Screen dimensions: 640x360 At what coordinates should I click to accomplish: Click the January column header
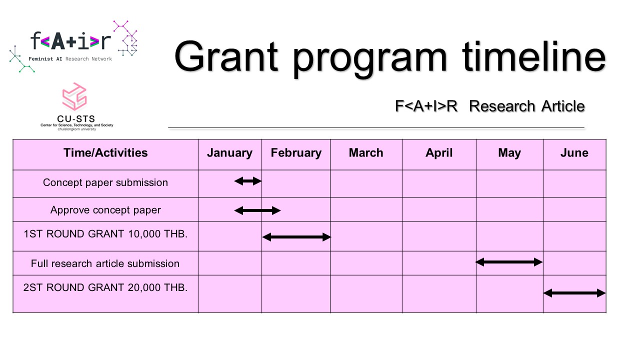[x=229, y=153]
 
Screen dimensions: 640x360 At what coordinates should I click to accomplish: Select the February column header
[x=296, y=153]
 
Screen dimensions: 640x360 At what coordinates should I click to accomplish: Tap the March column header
[x=366, y=153]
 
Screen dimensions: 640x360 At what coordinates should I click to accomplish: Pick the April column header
[x=439, y=153]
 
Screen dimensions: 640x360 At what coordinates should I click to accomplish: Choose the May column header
[x=509, y=153]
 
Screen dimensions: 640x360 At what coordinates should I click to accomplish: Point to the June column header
[x=574, y=153]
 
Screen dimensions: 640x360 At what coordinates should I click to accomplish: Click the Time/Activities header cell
[x=105, y=153]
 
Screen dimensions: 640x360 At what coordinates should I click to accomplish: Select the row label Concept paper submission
[x=105, y=182]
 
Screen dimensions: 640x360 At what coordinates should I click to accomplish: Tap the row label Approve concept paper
[x=105, y=210]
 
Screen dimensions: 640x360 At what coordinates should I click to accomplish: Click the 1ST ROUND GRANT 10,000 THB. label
[x=105, y=234]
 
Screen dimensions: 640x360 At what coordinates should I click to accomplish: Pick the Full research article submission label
[x=105, y=263]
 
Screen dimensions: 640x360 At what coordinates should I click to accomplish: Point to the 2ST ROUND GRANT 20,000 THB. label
[x=105, y=287]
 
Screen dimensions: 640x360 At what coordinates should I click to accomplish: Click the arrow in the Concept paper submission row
[x=247, y=181]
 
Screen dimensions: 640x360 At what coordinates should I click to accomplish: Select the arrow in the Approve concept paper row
[x=257, y=210]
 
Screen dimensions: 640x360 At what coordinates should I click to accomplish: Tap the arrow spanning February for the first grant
[x=296, y=237]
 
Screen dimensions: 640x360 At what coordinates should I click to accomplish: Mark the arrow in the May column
[x=509, y=262]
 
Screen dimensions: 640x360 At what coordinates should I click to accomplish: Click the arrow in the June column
[x=574, y=293]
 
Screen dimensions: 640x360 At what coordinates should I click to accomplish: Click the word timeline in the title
[x=533, y=56]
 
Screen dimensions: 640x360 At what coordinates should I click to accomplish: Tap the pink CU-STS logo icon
[x=74, y=96]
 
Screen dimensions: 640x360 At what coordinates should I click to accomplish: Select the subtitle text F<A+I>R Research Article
[x=489, y=106]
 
